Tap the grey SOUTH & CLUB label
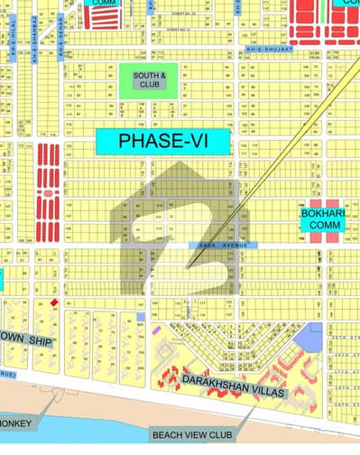[144, 79]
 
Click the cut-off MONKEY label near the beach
[16, 422]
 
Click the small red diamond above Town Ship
[55, 302]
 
